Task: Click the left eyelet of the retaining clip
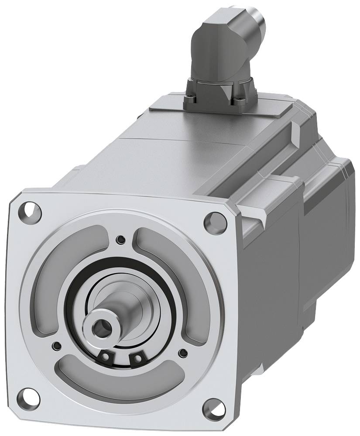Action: point(106,356)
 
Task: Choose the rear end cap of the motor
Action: point(332,227)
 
